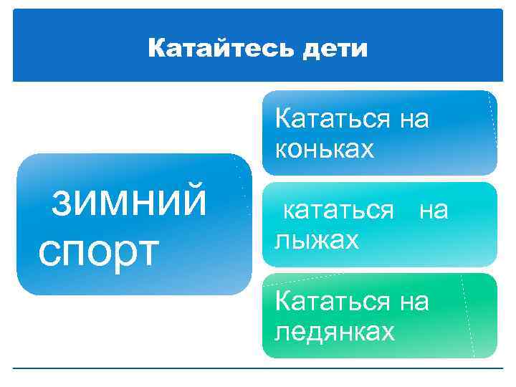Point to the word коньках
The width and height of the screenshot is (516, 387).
[325, 148]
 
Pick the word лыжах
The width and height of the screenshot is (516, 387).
[317, 239]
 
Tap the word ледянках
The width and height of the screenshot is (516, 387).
[335, 332]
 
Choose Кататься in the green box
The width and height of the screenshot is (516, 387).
[333, 301]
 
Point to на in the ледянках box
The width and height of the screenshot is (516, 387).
[414, 301]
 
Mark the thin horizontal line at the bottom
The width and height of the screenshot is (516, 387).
[258, 368]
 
